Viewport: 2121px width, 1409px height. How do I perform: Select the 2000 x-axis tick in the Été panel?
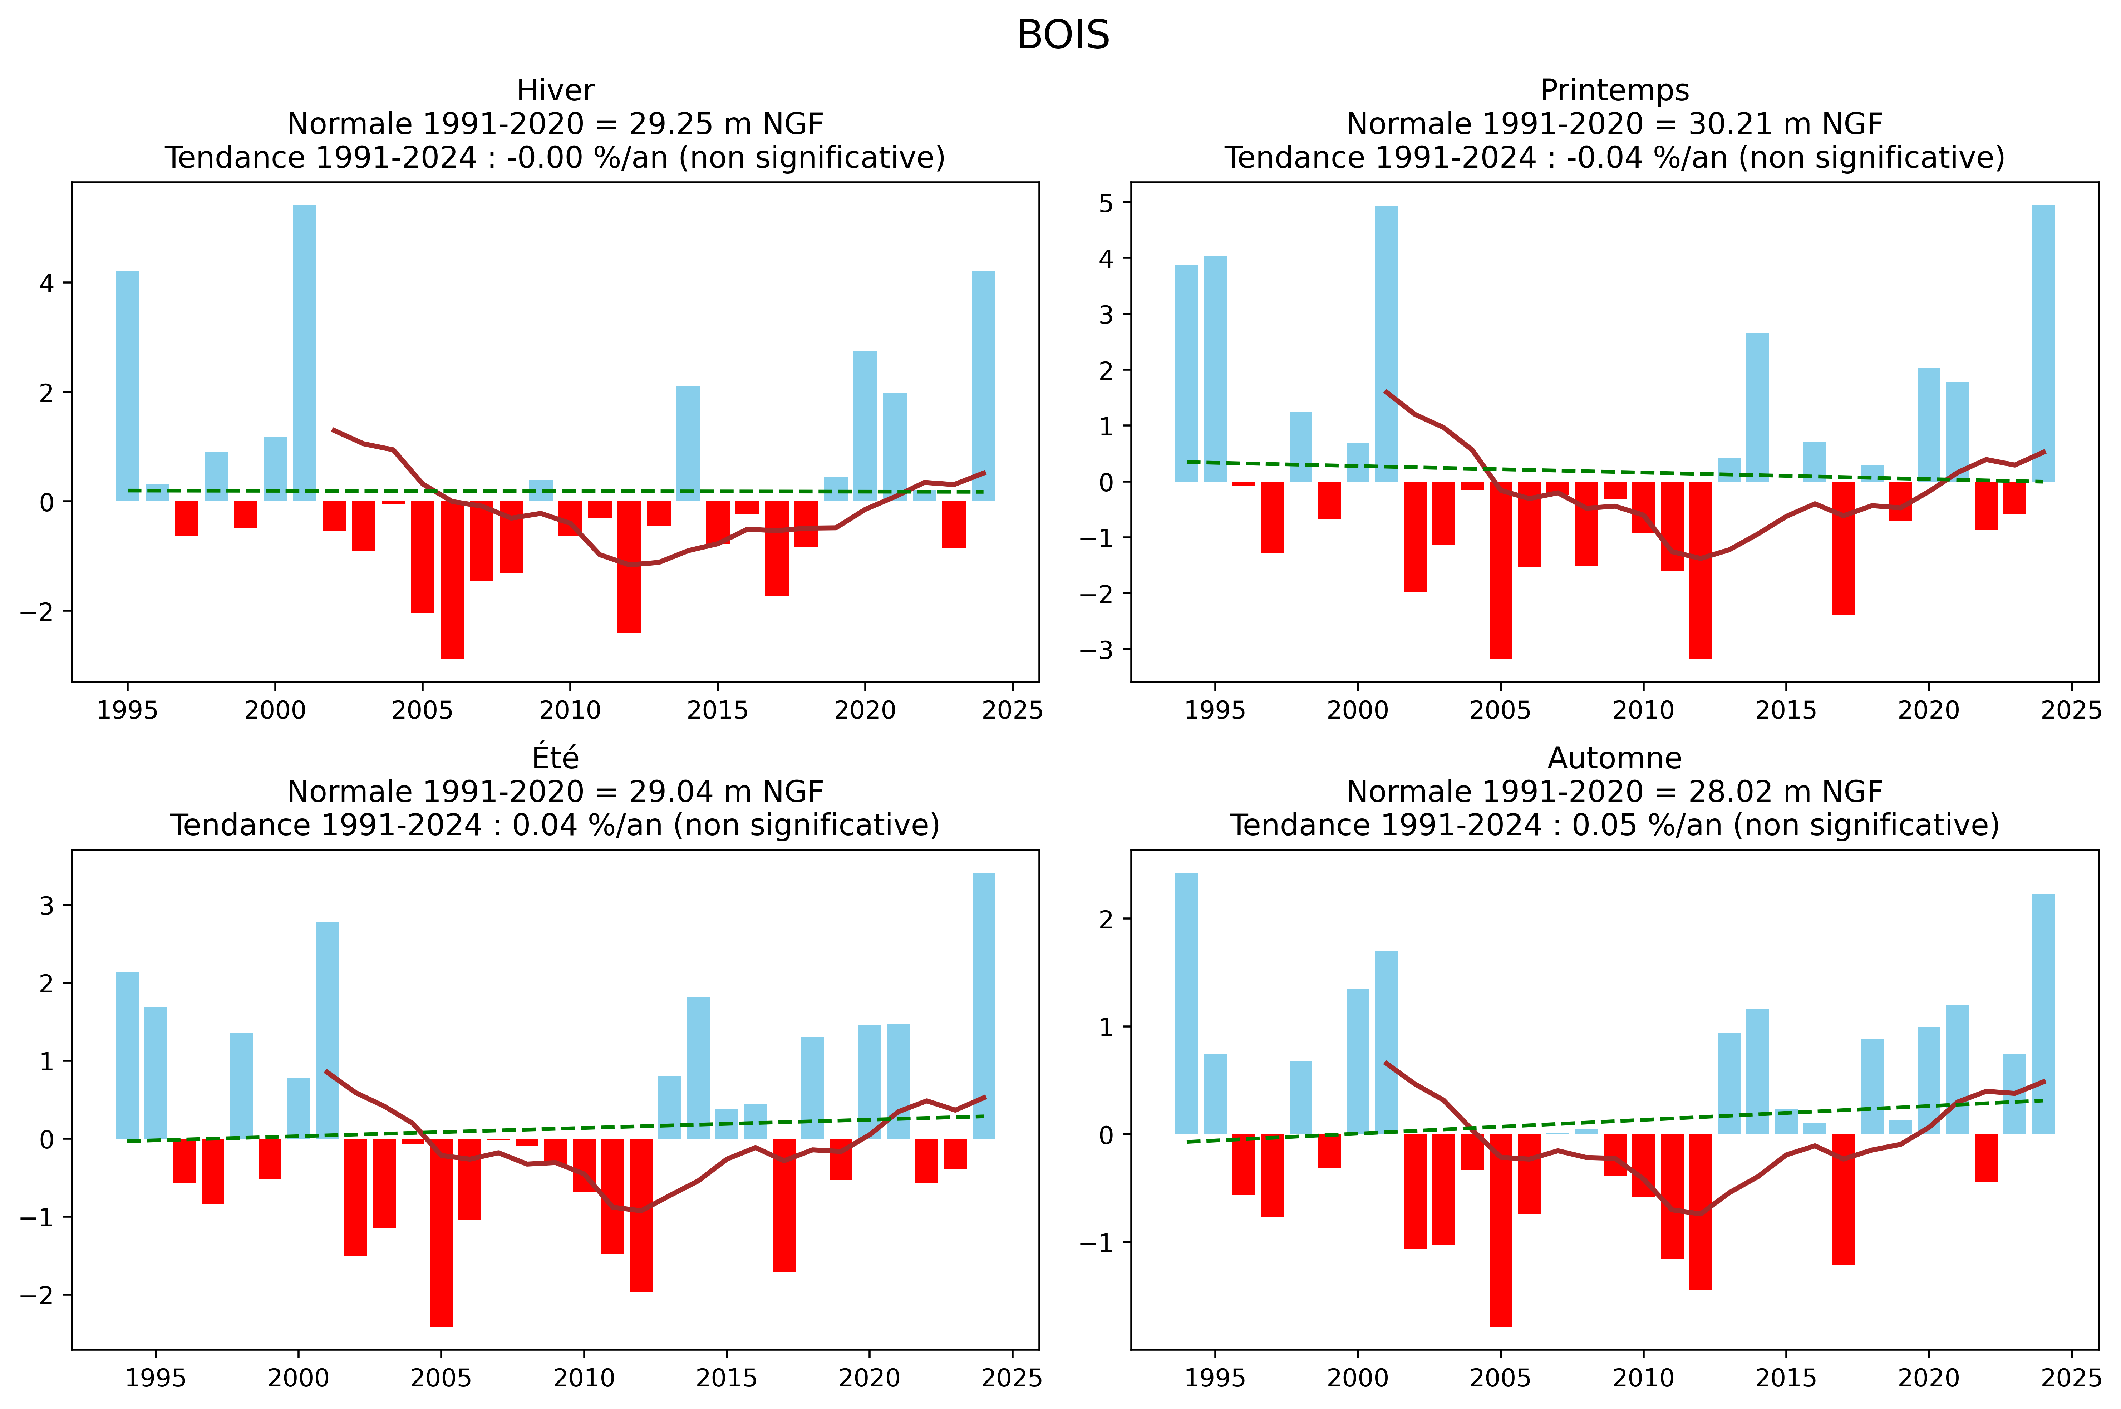(x=299, y=1378)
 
